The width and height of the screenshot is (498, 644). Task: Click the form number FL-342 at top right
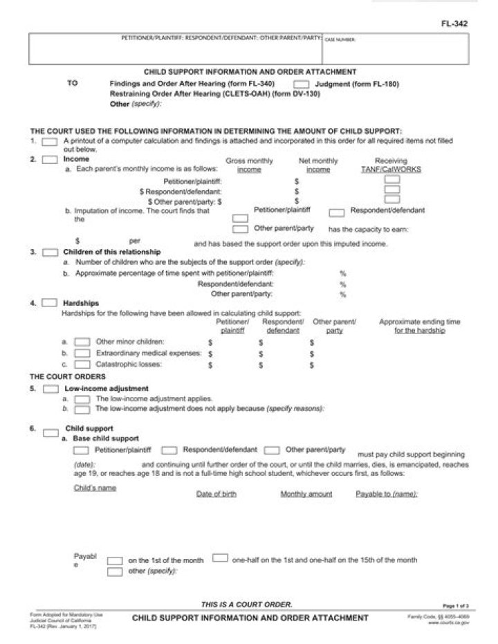click(x=454, y=24)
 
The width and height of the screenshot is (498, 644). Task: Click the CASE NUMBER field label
click(x=340, y=40)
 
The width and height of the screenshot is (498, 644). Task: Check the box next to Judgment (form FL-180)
click(x=301, y=84)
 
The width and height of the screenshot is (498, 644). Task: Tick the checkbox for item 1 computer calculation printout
click(x=50, y=141)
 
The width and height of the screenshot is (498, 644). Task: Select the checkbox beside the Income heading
click(x=50, y=160)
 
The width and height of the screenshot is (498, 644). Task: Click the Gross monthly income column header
click(x=249, y=165)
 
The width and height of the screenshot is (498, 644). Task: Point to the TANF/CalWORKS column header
click(x=391, y=165)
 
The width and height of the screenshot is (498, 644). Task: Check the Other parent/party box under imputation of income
click(x=240, y=228)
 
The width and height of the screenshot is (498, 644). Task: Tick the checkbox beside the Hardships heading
click(x=50, y=303)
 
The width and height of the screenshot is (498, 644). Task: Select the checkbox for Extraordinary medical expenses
click(x=82, y=353)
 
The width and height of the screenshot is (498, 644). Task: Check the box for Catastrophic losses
click(x=82, y=364)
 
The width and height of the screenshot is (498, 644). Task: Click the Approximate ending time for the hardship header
click(x=419, y=326)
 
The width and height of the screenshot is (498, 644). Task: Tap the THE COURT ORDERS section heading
click(x=68, y=376)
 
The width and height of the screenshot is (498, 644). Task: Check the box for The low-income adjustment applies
click(x=82, y=399)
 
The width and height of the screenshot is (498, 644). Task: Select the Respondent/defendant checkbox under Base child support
click(x=170, y=450)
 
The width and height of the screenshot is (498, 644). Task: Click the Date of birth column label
click(x=216, y=494)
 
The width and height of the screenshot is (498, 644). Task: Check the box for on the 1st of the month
click(x=116, y=560)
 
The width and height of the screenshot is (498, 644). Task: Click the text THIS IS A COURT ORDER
click(x=246, y=604)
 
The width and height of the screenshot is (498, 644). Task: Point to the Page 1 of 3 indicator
click(x=455, y=605)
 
